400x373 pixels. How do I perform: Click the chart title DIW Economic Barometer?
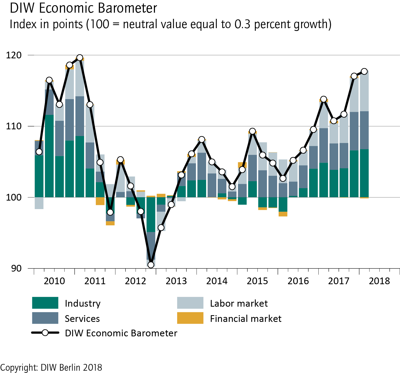point(83,8)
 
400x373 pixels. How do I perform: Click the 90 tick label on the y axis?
point(16,268)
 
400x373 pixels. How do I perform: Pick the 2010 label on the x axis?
point(54,281)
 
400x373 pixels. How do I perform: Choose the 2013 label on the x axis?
point(176,281)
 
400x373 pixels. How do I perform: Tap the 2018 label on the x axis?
point(379,281)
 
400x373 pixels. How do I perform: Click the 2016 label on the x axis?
point(298,281)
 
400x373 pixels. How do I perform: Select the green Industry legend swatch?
point(45,303)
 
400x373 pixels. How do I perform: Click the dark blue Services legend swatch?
point(45,318)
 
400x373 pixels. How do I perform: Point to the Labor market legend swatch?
point(190,303)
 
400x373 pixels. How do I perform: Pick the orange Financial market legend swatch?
point(190,318)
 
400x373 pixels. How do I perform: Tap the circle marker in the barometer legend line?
point(45,333)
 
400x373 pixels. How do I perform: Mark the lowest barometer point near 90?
point(151,265)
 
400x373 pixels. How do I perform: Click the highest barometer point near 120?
point(80,58)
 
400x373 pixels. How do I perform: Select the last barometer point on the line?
point(364,71)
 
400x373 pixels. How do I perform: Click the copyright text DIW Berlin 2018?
point(51,367)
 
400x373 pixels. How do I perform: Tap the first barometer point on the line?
point(39,152)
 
